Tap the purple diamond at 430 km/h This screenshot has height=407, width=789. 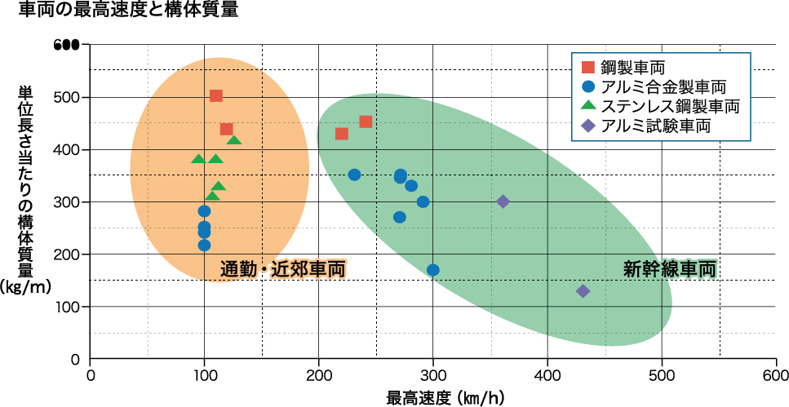(583, 291)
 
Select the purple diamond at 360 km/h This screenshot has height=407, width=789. (503, 201)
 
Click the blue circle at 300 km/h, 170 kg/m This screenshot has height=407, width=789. (433, 270)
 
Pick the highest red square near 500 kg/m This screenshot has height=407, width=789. (216, 96)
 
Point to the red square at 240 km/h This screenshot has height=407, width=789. (366, 122)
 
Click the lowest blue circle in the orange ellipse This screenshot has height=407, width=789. (204, 245)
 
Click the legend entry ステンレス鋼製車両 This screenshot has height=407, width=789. (669, 106)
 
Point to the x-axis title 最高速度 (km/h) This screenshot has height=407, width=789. (433, 398)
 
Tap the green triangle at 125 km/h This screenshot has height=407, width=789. (234, 141)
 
